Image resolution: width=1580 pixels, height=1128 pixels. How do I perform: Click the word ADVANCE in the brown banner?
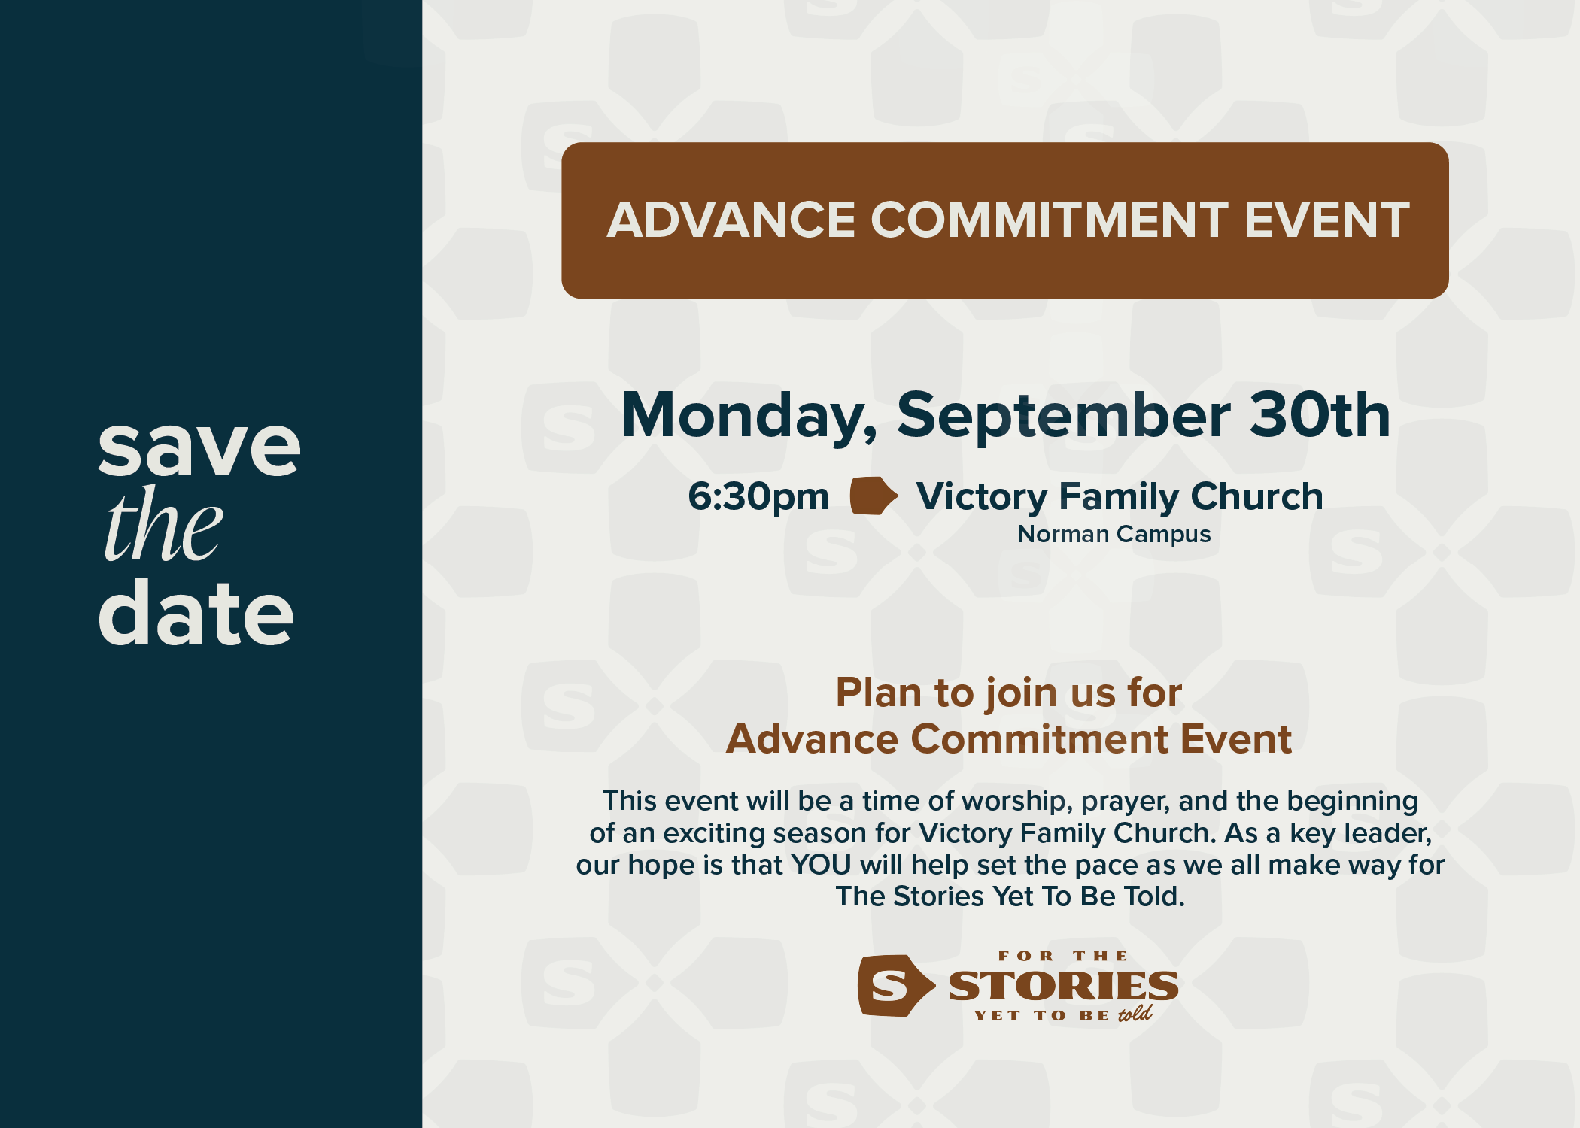[x=731, y=220]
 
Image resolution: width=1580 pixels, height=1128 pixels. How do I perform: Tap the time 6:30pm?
[x=758, y=497]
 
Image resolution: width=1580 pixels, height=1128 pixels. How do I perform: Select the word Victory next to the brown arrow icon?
[x=981, y=497]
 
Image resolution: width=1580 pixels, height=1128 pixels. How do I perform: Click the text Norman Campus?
[x=1114, y=535]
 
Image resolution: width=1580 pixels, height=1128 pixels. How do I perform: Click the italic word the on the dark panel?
[x=163, y=526]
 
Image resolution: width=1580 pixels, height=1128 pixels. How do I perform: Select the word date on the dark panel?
[x=196, y=614]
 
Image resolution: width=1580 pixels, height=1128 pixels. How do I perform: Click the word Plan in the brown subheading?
[x=878, y=693]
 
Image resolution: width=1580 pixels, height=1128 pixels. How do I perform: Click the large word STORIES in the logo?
[x=1063, y=986]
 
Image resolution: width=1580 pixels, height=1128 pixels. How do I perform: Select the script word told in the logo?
[x=1135, y=1014]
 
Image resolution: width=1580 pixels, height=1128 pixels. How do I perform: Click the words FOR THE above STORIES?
[x=1063, y=957]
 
